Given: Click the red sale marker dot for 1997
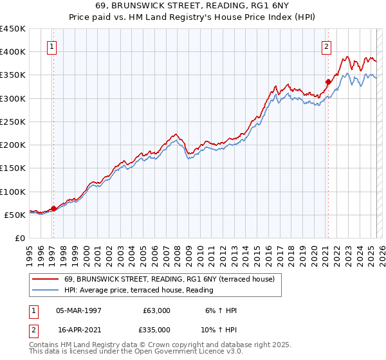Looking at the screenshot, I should pyautogui.click(x=53, y=208).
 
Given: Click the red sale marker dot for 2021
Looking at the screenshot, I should pyautogui.click(x=327, y=82).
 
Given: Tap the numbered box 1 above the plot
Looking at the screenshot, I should pyautogui.click(x=51, y=46).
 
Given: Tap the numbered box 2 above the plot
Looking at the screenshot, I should pyautogui.click(x=326, y=46).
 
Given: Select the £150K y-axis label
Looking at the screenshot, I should pyautogui.click(x=13, y=168).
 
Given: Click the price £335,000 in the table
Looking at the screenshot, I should pyautogui.click(x=156, y=329).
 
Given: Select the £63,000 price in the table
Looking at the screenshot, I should pyautogui.click(x=156, y=310).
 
